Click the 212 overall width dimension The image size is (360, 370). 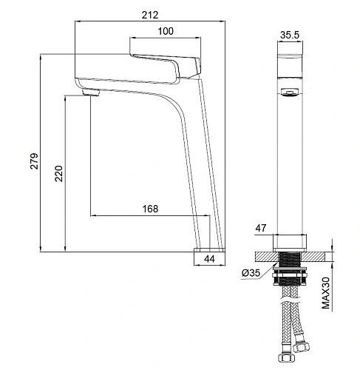pyautogui.click(x=150, y=15)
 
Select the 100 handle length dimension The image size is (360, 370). pyautogui.click(x=166, y=31)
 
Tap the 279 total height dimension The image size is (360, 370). pyautogui.click(x=34, y=161)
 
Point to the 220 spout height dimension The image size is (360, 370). pyautogui.click(x=58, y=174)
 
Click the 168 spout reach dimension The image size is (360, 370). pyautogui.click(x=150, y=209)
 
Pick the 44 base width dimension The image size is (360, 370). pyautogui.click(x=209, y=259)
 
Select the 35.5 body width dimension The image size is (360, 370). pyautogui.click(x=290, y=35)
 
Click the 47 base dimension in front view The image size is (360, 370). pyautogui.click(x=261, y=228)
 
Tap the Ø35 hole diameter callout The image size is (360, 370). pyautogui.click(x=251, y=273)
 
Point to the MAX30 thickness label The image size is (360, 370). pyautogui.click(x=326, y=293)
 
